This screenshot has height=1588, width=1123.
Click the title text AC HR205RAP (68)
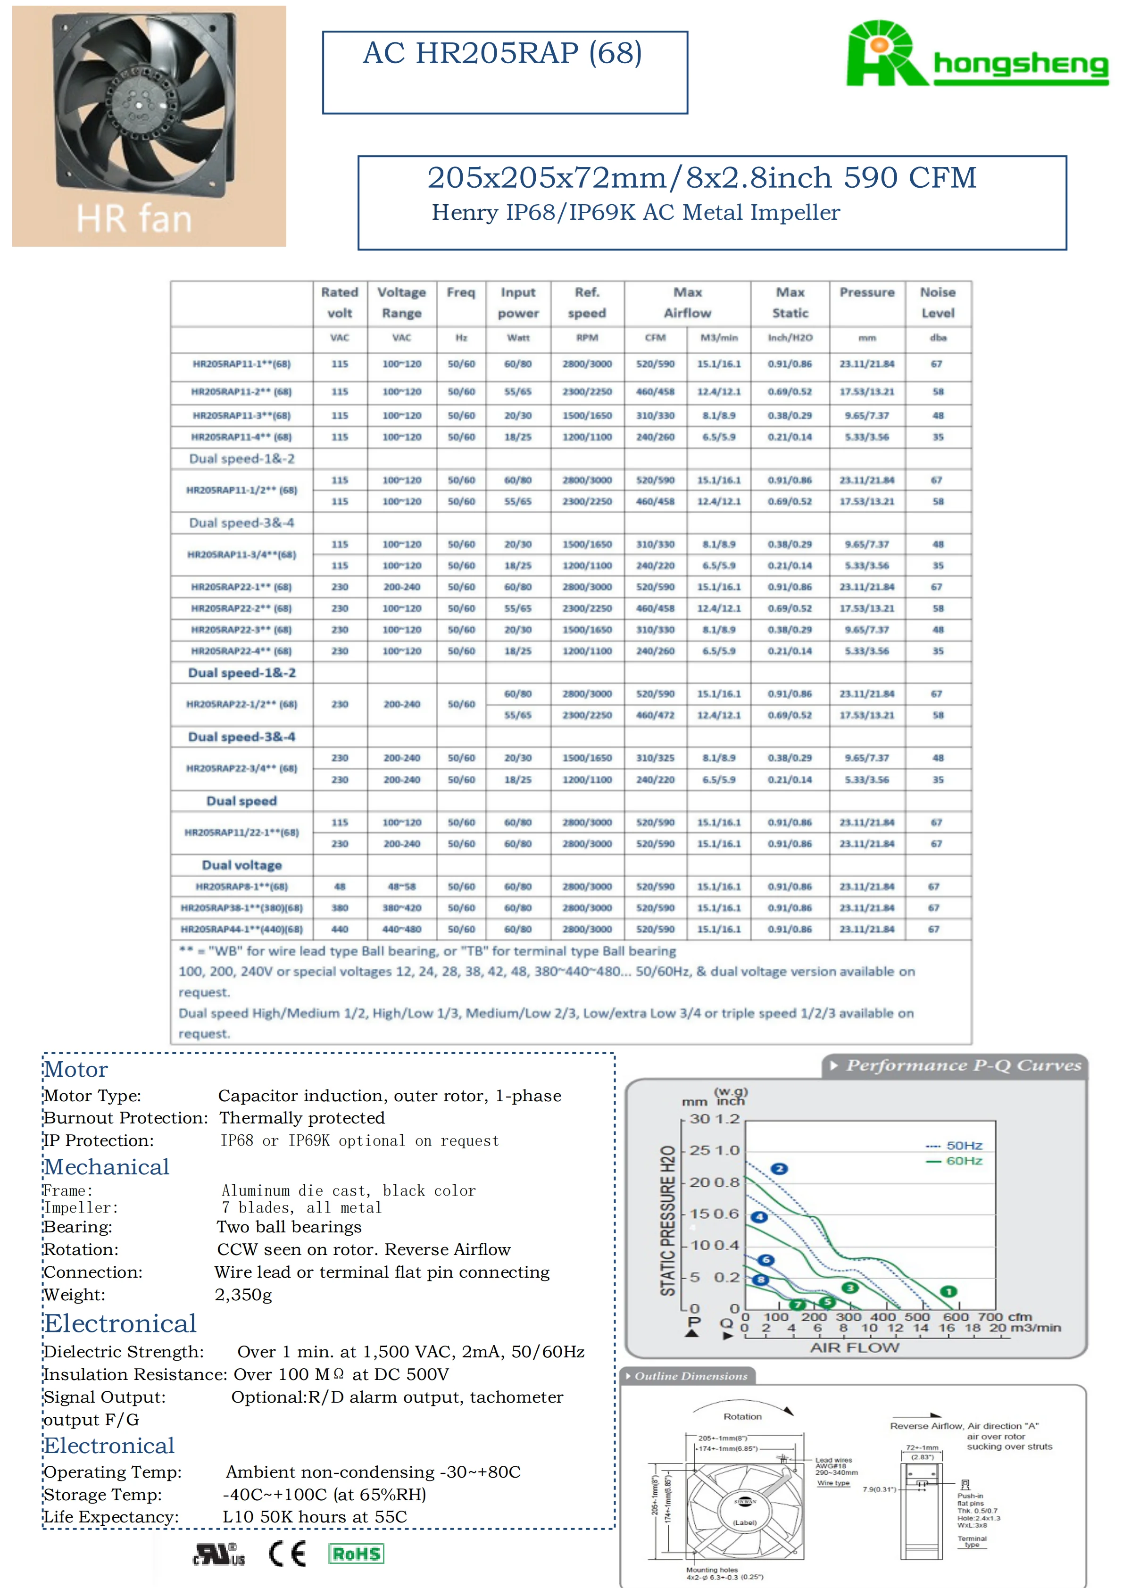(503, 53)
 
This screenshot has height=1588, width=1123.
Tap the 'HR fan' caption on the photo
(133, 218)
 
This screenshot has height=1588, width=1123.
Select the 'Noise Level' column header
(937, 302)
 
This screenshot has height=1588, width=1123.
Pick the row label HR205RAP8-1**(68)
(241, 887)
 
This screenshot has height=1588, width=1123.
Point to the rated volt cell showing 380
(340, 908)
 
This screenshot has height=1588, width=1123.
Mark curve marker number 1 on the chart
(949, 1292)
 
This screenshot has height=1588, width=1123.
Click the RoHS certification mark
(356, 1554)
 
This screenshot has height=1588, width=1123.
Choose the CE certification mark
(287, 1554)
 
